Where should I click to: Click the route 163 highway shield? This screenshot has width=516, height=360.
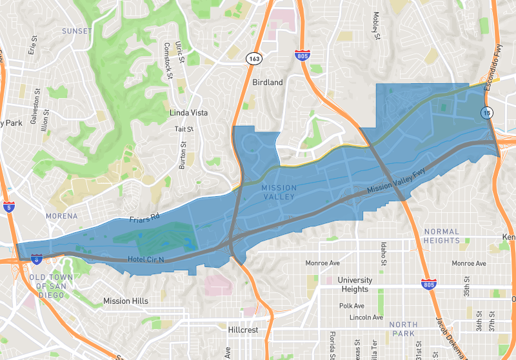click(252, 59)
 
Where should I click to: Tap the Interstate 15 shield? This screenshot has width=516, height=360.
click(487, 114)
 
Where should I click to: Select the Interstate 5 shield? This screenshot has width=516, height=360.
click(8, 207)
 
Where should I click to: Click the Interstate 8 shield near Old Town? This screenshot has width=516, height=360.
click(37, 259)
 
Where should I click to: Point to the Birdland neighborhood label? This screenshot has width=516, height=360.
click(268, 83)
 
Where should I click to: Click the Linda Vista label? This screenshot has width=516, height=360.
click(188, 112)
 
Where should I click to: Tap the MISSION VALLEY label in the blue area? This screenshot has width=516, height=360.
click(280, 192)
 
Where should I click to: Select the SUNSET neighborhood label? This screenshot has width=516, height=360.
click(77, 31)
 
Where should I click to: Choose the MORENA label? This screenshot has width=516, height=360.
click(62, 216)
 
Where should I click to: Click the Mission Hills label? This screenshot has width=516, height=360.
click(126, 301)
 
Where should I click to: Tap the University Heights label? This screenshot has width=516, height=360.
click(355, 285)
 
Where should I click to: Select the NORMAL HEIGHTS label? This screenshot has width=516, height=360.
click(442, 236)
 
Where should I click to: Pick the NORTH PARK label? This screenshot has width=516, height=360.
click(404, 328)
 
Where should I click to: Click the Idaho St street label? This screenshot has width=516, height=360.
click(383, 254)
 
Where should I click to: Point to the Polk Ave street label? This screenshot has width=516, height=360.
click(352, 306)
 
